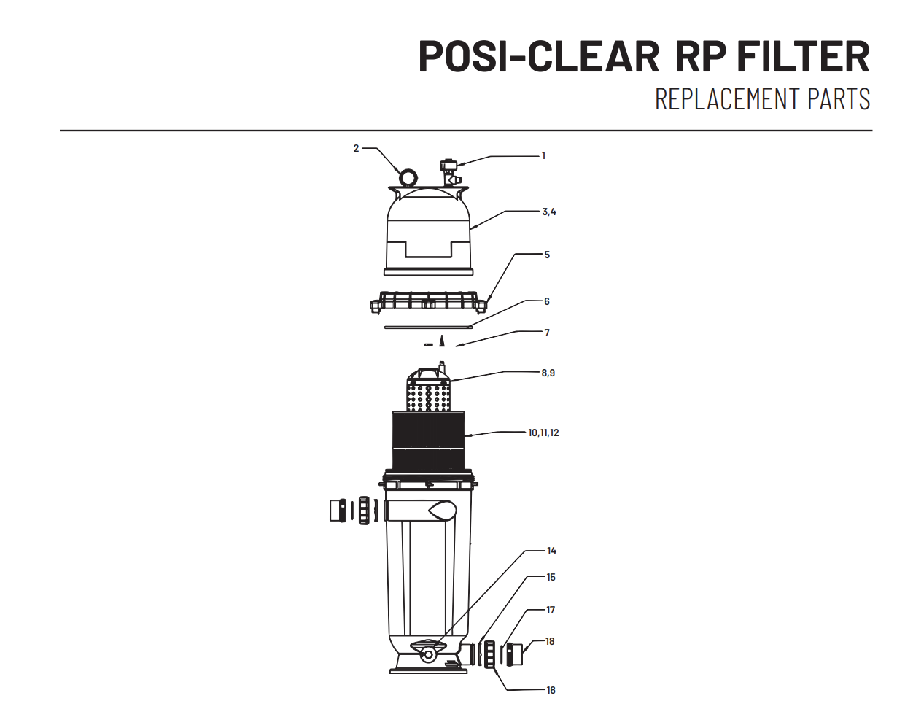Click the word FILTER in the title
coord(803,57)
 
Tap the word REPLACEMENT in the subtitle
coord(728,98)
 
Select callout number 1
coord(543,155)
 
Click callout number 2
coord(356,148)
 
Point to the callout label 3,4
coord(549,212)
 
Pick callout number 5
coord(547,255)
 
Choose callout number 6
coord(547,301)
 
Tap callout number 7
coord(547,333)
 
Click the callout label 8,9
coord(548,373)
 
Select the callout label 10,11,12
coord(543,433)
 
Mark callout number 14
coord(551,551)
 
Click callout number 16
coord(551,690)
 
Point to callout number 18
coord(550,641)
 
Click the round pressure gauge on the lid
coord(408,178)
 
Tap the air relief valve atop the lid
coord(450,172)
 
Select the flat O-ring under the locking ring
coord(429,327)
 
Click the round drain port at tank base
coord(428,655)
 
